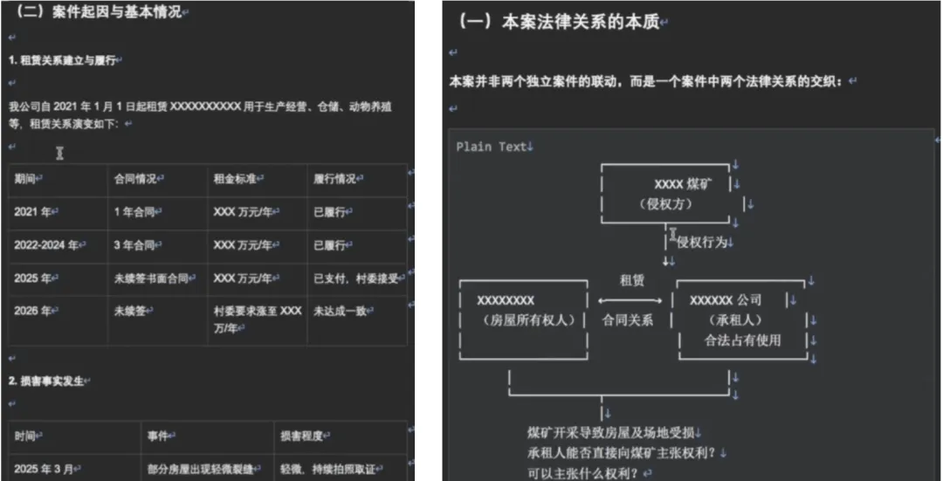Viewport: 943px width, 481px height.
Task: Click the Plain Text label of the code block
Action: [x=491, y=147]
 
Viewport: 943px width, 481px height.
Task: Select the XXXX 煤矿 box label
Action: [x=682, y=184]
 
